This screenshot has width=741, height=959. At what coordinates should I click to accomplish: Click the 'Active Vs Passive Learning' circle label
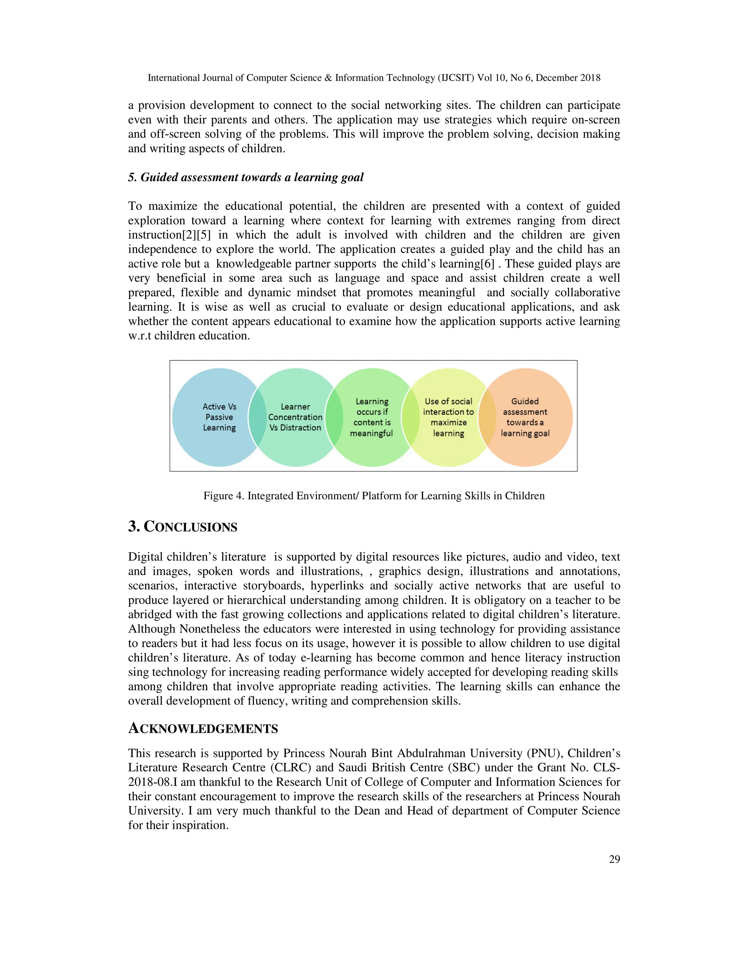pos(220,417)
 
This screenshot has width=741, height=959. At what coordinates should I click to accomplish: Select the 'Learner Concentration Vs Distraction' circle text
pos(296,417)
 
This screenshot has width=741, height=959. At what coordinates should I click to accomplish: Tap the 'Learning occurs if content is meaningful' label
pos(372,417)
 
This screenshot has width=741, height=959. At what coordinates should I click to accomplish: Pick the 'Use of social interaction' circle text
pos(448,417)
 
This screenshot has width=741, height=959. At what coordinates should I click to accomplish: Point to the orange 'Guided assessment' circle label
pos(525,417)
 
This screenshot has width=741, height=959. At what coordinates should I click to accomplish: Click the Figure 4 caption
pos(373,496)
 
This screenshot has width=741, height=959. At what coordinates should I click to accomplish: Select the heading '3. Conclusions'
pos(183,527)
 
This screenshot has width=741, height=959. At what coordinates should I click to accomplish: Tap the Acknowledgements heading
pos(203,728)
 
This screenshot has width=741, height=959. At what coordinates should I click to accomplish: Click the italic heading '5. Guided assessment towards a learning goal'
pos(246,177)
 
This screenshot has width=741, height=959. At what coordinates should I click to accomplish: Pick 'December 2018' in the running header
pos(568,78)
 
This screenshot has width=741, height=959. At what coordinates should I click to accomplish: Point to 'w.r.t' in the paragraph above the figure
pos(140,336)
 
